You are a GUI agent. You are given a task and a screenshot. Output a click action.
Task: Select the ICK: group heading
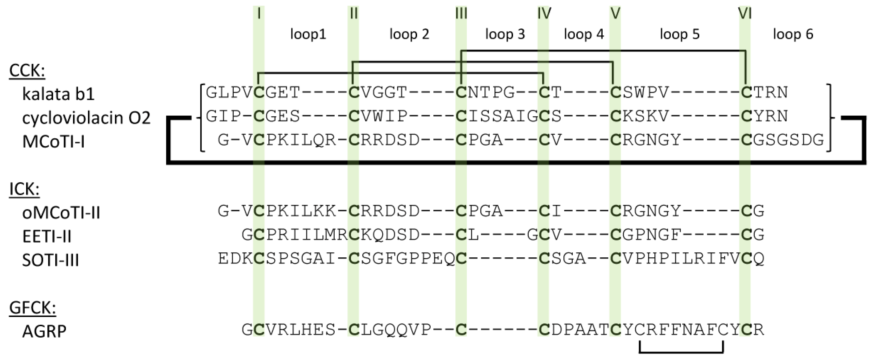[24, 189]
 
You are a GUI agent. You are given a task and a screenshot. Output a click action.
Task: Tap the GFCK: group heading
[32, 308]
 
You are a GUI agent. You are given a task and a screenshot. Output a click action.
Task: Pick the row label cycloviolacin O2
[86, 118]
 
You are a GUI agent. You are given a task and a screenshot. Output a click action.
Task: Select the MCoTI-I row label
[53, 142]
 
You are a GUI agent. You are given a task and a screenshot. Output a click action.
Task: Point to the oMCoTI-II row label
[61, 213]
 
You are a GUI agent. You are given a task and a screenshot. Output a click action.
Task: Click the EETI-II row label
[47, 237]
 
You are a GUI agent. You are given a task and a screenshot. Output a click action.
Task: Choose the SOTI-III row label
[51, 260]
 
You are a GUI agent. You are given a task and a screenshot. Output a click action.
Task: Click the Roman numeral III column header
[461, 14]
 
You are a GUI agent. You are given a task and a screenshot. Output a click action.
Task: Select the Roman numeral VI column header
[745, 14]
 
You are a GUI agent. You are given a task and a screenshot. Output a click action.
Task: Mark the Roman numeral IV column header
[544, 14]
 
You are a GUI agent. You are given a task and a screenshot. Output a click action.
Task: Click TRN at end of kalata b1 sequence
[770, 92]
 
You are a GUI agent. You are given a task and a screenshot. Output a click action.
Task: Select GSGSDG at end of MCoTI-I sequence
[788, 140]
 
